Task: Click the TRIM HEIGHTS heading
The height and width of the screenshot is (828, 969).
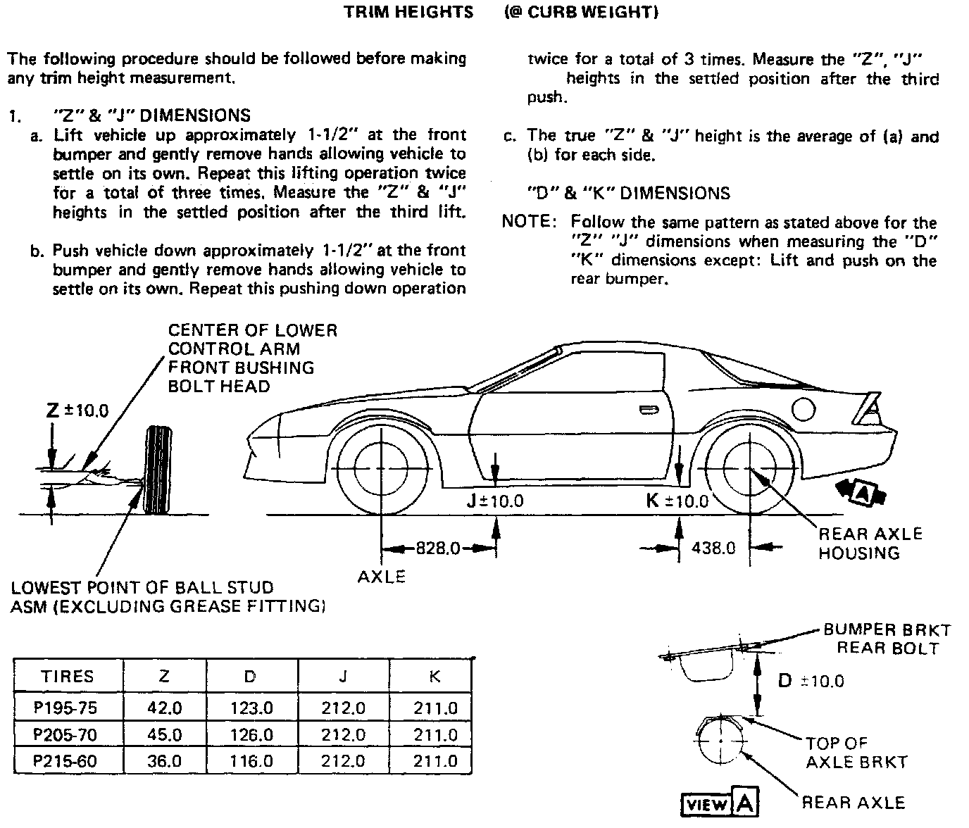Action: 408,13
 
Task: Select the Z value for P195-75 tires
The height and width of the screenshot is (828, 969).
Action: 164,708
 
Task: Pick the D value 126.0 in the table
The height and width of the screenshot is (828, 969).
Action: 251,735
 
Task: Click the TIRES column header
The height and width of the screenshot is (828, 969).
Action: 68,677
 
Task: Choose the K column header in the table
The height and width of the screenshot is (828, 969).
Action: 435,677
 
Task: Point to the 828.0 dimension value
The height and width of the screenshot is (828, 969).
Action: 437,548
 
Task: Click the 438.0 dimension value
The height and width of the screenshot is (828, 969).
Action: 713,548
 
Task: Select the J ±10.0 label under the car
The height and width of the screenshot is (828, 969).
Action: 495,501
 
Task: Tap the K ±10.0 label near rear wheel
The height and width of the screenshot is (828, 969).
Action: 677,501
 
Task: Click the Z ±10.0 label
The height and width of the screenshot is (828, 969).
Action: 77,410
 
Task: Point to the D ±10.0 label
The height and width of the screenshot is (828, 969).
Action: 810,681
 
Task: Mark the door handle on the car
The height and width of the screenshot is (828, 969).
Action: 645,410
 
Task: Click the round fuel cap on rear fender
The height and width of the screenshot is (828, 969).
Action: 804,408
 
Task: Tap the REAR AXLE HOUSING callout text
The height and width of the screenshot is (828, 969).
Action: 870,543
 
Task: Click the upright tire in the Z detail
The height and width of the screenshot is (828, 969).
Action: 156,470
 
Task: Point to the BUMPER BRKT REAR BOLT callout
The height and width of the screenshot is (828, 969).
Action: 887,639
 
